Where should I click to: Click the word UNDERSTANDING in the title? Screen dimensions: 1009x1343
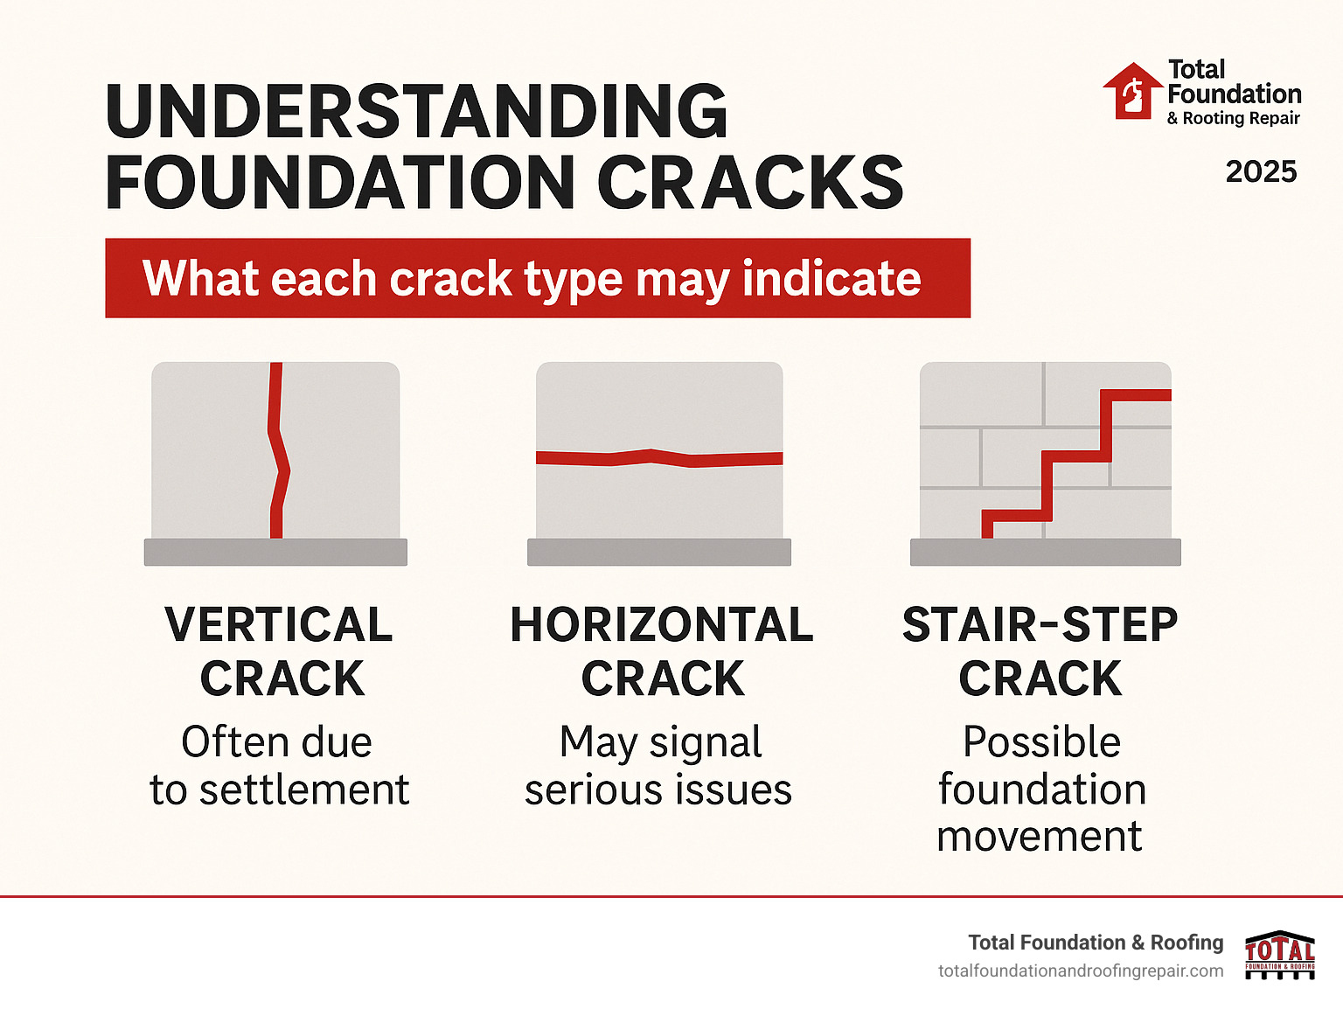(x=416, y=112)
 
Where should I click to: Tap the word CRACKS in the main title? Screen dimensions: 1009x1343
(x=750, y=183)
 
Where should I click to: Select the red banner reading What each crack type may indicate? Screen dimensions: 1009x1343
(x=537, y=278)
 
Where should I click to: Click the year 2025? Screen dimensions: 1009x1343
(x=1261, y=171)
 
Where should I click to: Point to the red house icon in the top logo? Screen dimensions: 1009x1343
(x=1132, y=91)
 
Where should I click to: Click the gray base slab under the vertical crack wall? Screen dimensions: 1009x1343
(x=275, y=552)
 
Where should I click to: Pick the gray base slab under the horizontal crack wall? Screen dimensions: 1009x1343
(x=659, y=552)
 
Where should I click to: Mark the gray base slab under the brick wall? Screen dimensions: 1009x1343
(x=1045, y=552)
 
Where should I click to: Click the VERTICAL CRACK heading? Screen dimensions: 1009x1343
(x=280, y=651)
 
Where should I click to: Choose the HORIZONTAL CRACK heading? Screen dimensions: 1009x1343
(x=662, y=651)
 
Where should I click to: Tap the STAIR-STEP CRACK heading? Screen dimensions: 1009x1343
(x=1040, y=651)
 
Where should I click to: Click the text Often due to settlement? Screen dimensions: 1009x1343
(x=279, y=766)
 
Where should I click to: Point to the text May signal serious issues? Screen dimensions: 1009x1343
(x=659, y=766)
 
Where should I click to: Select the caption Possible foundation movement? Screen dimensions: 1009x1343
(x=1040, y=789)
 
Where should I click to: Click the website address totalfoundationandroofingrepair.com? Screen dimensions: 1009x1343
(x=1081, y=971)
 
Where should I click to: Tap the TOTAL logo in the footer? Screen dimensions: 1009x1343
(x=1279, y=954)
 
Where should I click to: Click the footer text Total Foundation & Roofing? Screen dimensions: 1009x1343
(x=1096, y=943)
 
